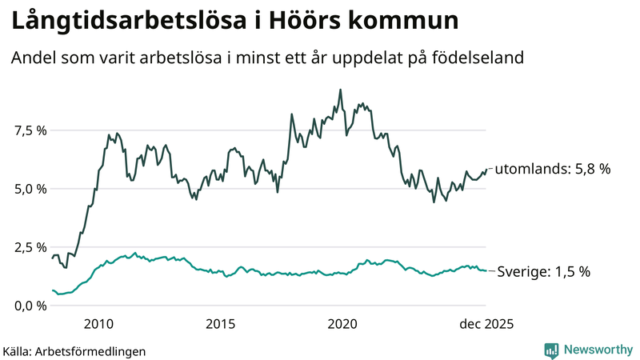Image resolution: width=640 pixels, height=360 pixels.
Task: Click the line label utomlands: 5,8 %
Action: (x=552, y=170)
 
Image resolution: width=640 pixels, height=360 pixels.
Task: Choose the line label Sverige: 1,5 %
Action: (x=544, y=271)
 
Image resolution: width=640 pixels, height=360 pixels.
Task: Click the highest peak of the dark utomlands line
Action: (x=341, y=90)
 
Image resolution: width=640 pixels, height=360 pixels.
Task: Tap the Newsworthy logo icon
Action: (x=551, y=350)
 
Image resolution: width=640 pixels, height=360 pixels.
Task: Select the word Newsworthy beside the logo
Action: (x=598, y=350)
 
